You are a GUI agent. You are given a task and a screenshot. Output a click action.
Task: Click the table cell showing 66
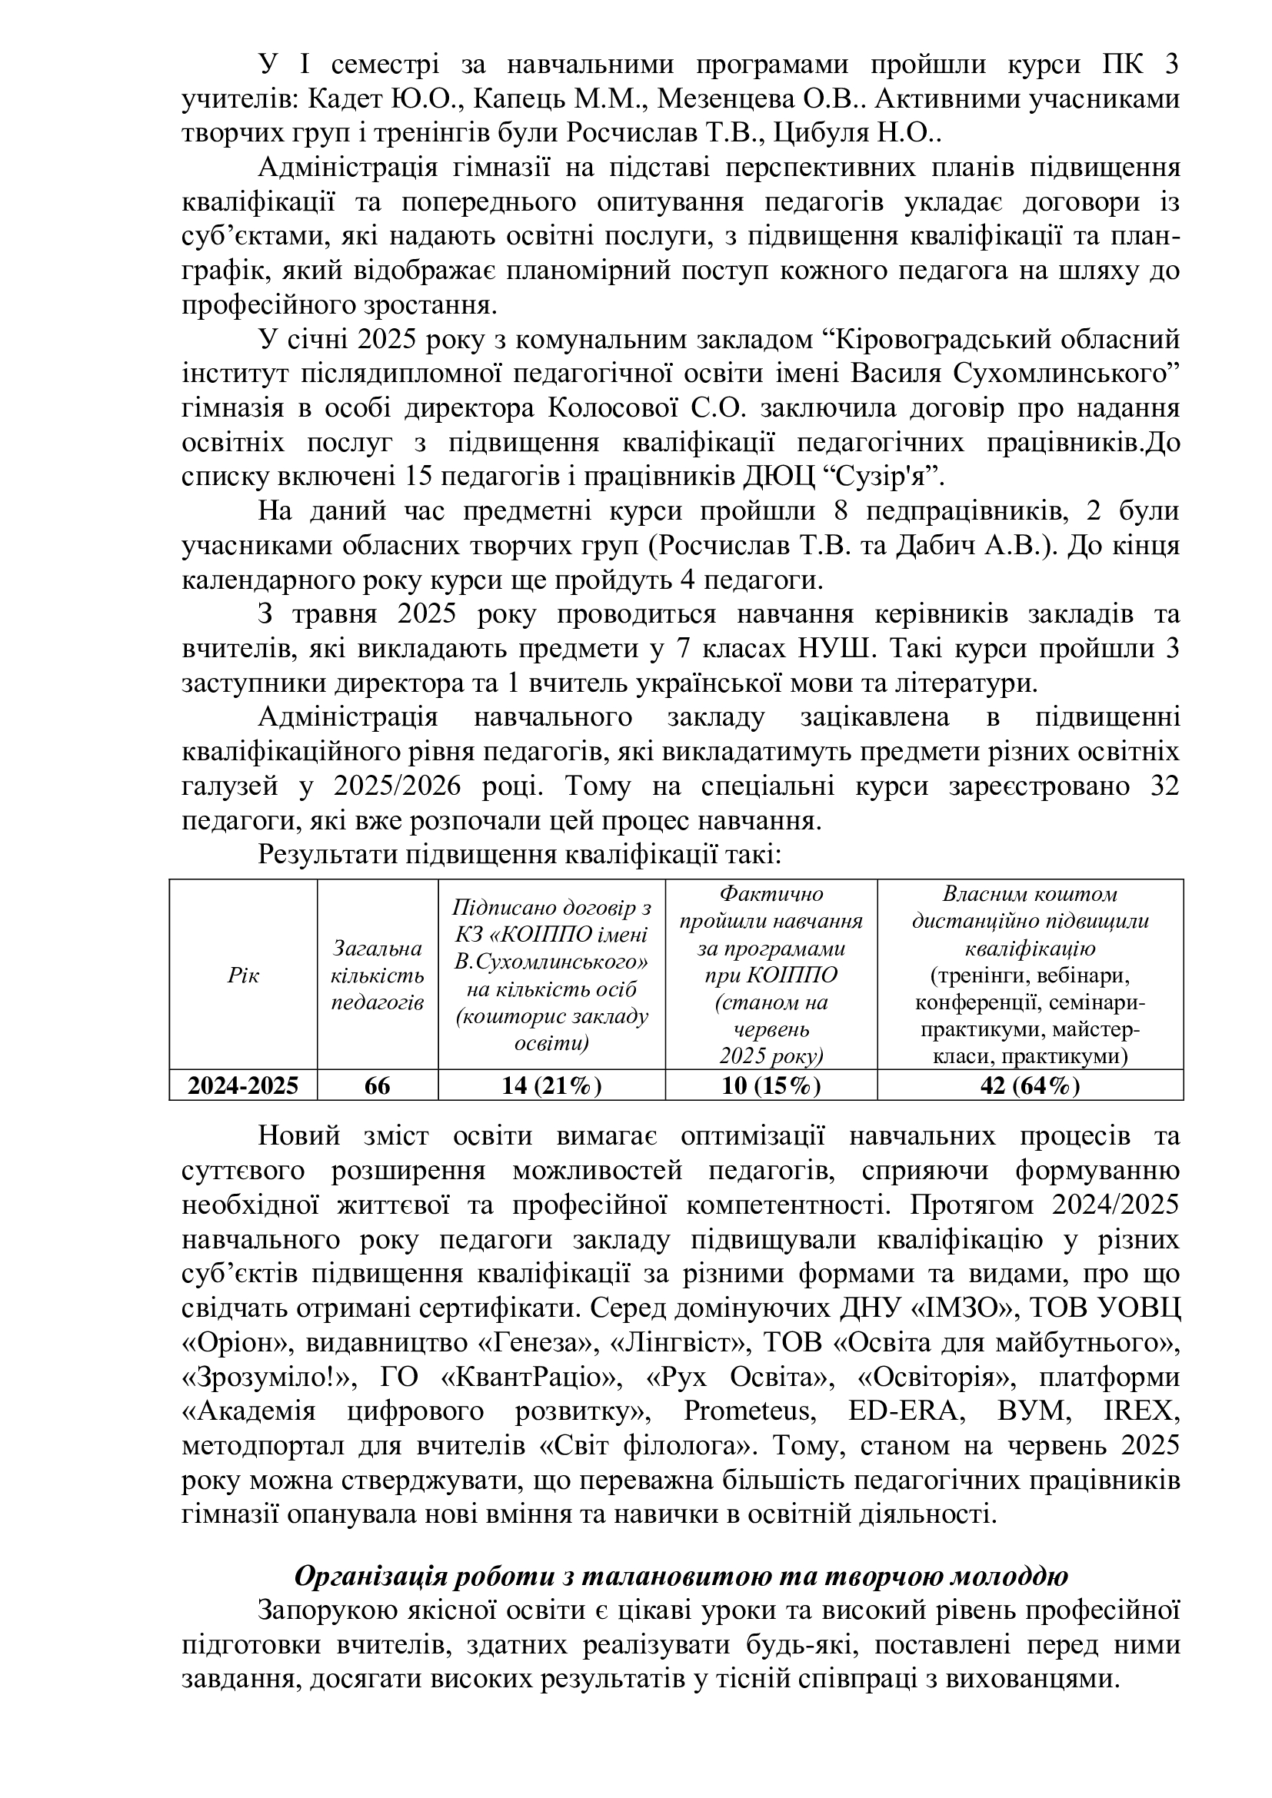coord(378,1085)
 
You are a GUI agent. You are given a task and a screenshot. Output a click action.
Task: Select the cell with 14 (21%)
coord(551,1085)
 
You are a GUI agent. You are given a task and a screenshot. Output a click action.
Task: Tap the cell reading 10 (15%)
coord(771,1085)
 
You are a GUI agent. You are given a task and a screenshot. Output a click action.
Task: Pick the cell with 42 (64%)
coord(1029,1085)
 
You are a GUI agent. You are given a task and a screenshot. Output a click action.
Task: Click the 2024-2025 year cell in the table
coord(243,1085)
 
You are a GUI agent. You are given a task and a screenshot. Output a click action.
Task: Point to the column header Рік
coord(243,975)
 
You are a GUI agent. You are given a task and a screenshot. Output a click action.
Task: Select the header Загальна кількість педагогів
coord(378,975)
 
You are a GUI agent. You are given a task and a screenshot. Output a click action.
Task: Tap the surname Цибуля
coord(818,133)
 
